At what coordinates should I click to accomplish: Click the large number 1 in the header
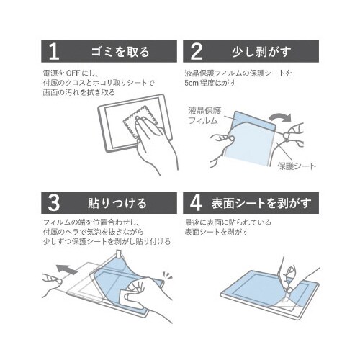53,51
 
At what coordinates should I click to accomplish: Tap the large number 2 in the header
197,51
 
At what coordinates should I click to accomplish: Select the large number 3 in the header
54,203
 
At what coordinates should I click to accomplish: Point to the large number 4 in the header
196,203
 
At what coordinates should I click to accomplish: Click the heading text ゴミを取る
120,52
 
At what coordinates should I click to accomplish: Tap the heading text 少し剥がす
262,52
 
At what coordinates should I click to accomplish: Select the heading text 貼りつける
117,203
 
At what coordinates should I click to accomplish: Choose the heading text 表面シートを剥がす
261,203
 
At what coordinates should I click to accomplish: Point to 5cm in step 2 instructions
192,83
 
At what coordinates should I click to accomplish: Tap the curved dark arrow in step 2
280,117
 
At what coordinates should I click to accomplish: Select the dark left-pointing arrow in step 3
67,269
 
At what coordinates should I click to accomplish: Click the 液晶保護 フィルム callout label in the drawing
204,115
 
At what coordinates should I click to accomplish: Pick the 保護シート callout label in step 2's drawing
297,166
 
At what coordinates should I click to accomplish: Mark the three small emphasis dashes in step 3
168,275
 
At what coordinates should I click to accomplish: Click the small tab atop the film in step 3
120,253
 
